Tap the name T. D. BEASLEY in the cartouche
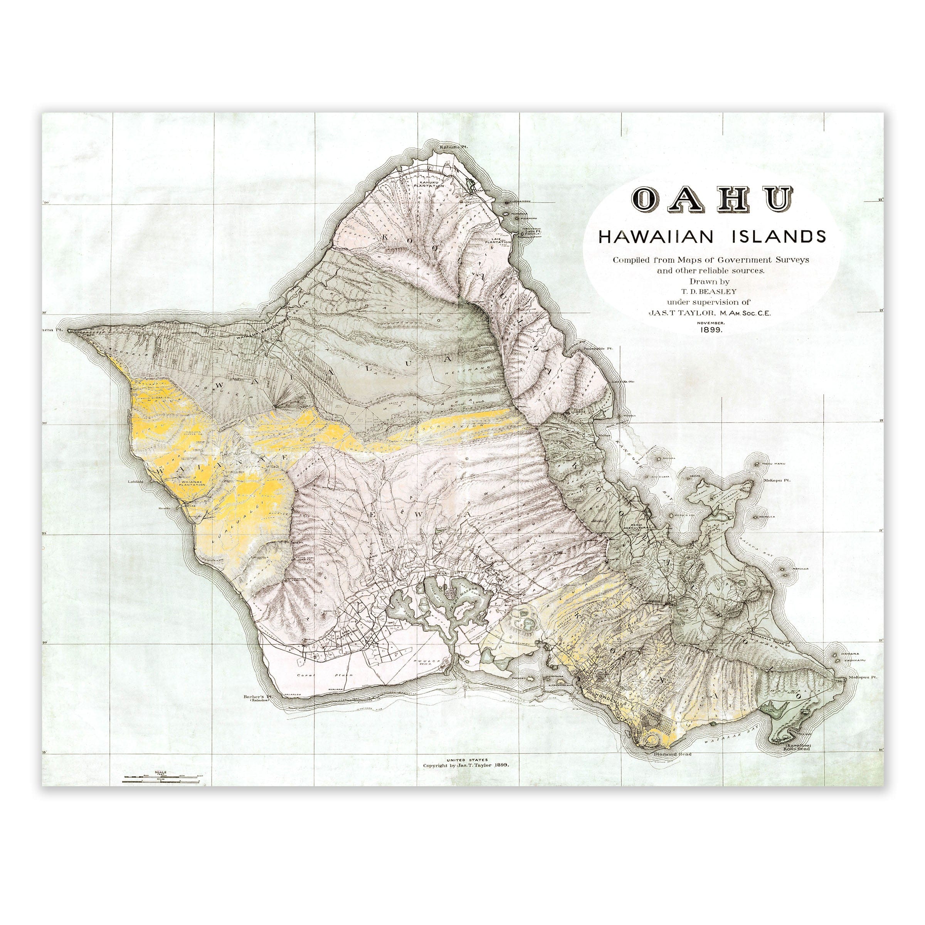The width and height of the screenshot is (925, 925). click(710, 291)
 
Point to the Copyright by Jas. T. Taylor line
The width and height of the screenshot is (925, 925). click(465, 765)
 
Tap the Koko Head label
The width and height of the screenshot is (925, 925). click(796, 748)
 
